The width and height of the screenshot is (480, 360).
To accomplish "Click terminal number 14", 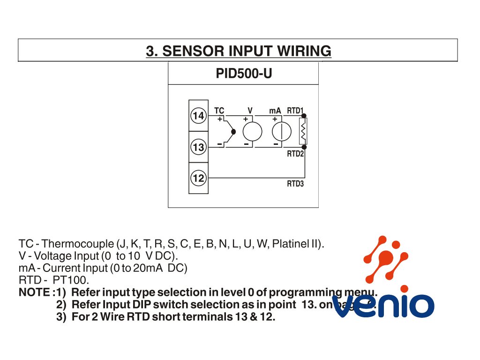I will click(x=198, y=116).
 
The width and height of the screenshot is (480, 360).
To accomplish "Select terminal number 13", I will click(x=198, y=147).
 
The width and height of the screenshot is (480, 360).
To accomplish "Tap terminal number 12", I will click(x=198, y=178).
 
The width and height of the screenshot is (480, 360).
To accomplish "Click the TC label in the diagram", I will click(x=219, y=111).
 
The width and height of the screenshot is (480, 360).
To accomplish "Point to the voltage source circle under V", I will click(x=252, y=131).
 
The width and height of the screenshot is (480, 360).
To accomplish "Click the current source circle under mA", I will click(x=281, y=131).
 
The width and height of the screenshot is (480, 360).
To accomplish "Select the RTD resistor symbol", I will click(x=303, y=131).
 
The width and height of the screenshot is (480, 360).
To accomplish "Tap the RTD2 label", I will click(x=295, y=154).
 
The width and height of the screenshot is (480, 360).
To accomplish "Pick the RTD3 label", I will click(x=295, y=184).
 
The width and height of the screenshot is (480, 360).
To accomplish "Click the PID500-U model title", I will click(x=244, y=74).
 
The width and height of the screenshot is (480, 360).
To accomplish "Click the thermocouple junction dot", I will click(x=233, y=132).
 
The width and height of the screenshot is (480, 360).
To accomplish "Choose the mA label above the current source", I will click(x=275, y=111).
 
